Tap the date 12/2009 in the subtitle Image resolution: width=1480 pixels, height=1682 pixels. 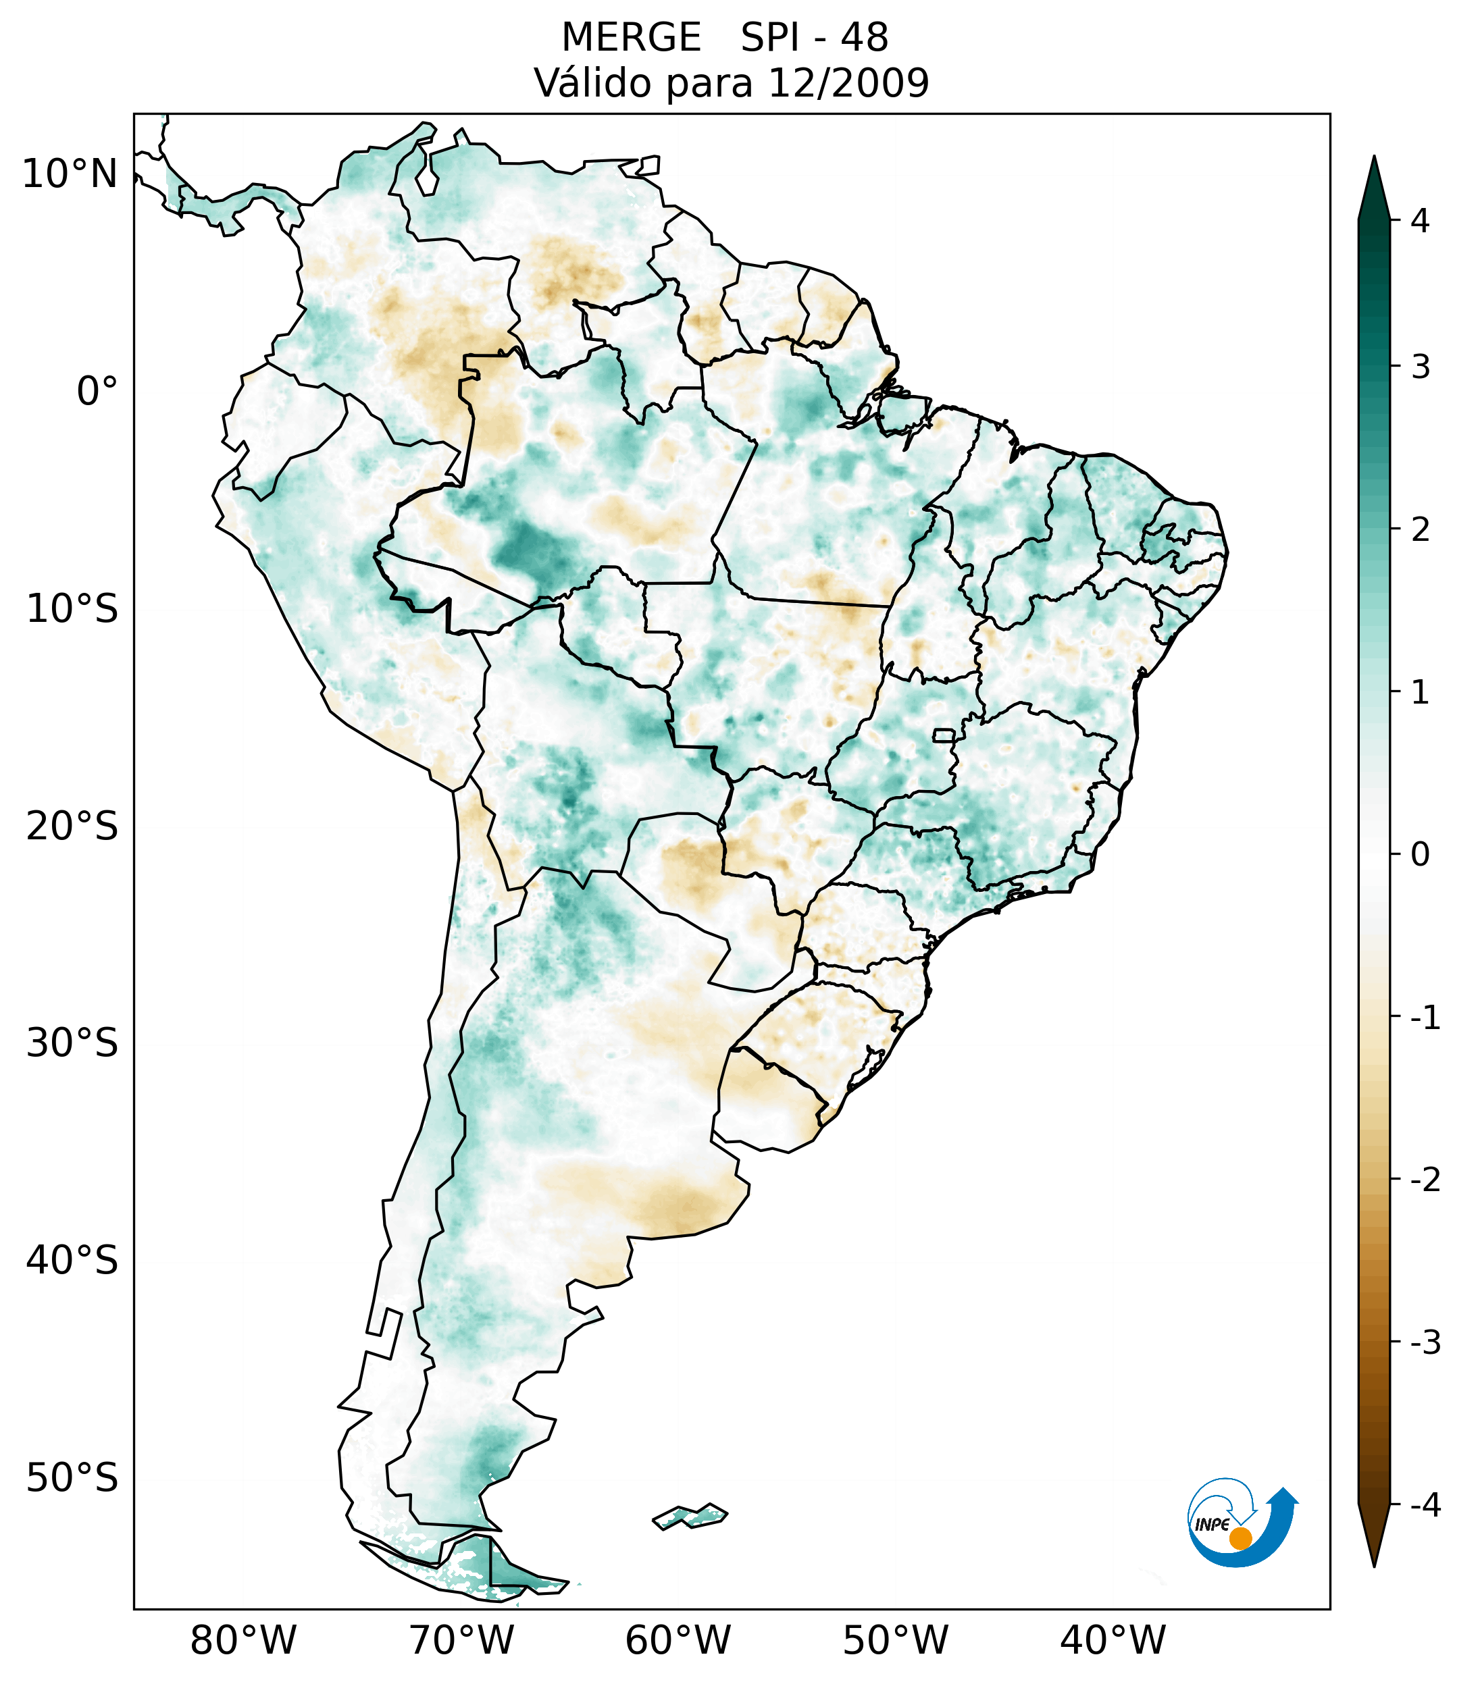pyautogui.click(x=848, y=83)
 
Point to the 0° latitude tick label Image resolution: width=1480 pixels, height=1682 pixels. pyautogui.click(x=97, y=392)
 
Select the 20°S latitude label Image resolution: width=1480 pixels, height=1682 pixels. pyautogui.click(x=72, y=826)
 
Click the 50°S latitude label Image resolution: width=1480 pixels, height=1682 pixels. pyautogui.click(x=72, y=1479)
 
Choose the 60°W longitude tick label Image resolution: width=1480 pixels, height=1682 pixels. pyautogui.click(x=678, y=1641)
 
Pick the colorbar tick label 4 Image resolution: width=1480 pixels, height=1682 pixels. pyautogui.click(x=1420, y=221)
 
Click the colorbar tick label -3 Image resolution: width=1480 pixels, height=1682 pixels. pyautogui.click(x=1425, y=1343)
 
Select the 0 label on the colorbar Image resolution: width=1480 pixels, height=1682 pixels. pyautogui.click(x=1420, y=855)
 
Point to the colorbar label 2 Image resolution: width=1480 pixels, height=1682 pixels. pyautogui.click(x=1420, y=530)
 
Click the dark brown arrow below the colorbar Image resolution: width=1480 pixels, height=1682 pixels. pyautogui.click(x=1374, y=1535)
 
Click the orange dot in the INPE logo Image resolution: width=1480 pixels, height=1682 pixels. pyautogui.click(x=1240, y=1538)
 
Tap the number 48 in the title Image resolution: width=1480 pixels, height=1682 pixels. pyautogui.click(x=865, y=38)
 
